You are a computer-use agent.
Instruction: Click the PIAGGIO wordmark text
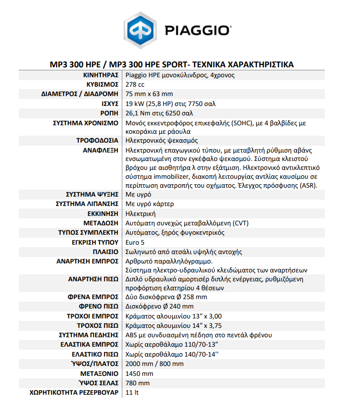pyautogui.click(x=197, y=31)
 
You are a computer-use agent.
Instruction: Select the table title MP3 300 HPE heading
pyautogui.click(x=171, y=65)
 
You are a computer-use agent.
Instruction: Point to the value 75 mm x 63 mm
pyautogui.click(x=150, y=94)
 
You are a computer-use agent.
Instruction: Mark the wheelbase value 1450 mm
pyautogui.click(x=140, y=373)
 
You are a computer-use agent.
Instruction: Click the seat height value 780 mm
pyautogui.click(x=138, y=383)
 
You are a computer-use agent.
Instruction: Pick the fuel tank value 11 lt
pyautogui.click(x=132, y=392)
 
